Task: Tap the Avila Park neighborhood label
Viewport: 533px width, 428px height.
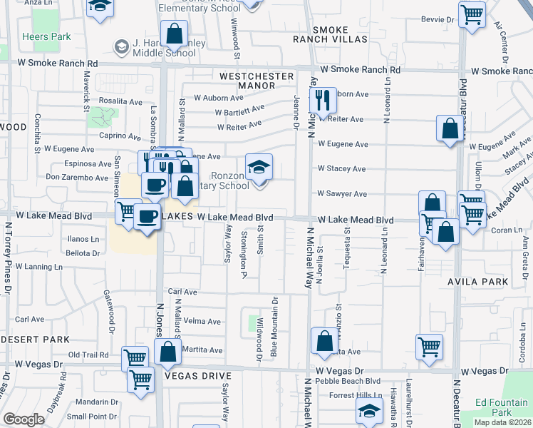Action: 477,282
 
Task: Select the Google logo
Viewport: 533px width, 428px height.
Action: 24,419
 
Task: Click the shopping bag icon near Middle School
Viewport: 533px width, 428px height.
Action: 174,33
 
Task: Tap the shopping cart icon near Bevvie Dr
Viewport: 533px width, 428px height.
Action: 472,14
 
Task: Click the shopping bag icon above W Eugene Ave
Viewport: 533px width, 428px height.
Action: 450,129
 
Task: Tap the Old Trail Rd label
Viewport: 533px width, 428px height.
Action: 88,355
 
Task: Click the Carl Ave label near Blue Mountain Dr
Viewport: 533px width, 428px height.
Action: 182,292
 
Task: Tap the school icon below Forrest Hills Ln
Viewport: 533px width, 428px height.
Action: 370,412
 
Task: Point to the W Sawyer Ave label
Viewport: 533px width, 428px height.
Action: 341,193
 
